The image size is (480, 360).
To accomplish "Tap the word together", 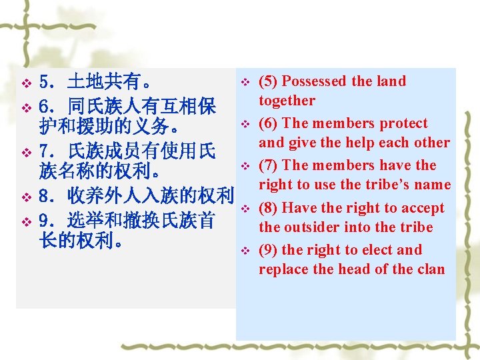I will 287,101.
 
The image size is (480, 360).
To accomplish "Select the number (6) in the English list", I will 269,123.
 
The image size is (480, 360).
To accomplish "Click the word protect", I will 403,123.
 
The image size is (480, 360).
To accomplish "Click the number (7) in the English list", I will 269,165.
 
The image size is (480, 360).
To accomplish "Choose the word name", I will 433,185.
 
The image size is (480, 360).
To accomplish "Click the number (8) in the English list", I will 269,208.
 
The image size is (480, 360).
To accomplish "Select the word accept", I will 423,208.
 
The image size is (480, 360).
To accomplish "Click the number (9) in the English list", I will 269,250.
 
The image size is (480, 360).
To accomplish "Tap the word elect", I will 377,250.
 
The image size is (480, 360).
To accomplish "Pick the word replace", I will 284,269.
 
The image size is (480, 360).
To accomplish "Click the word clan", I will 431,269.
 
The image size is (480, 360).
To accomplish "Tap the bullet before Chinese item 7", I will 26,153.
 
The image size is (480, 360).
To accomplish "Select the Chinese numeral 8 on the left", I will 45,197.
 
